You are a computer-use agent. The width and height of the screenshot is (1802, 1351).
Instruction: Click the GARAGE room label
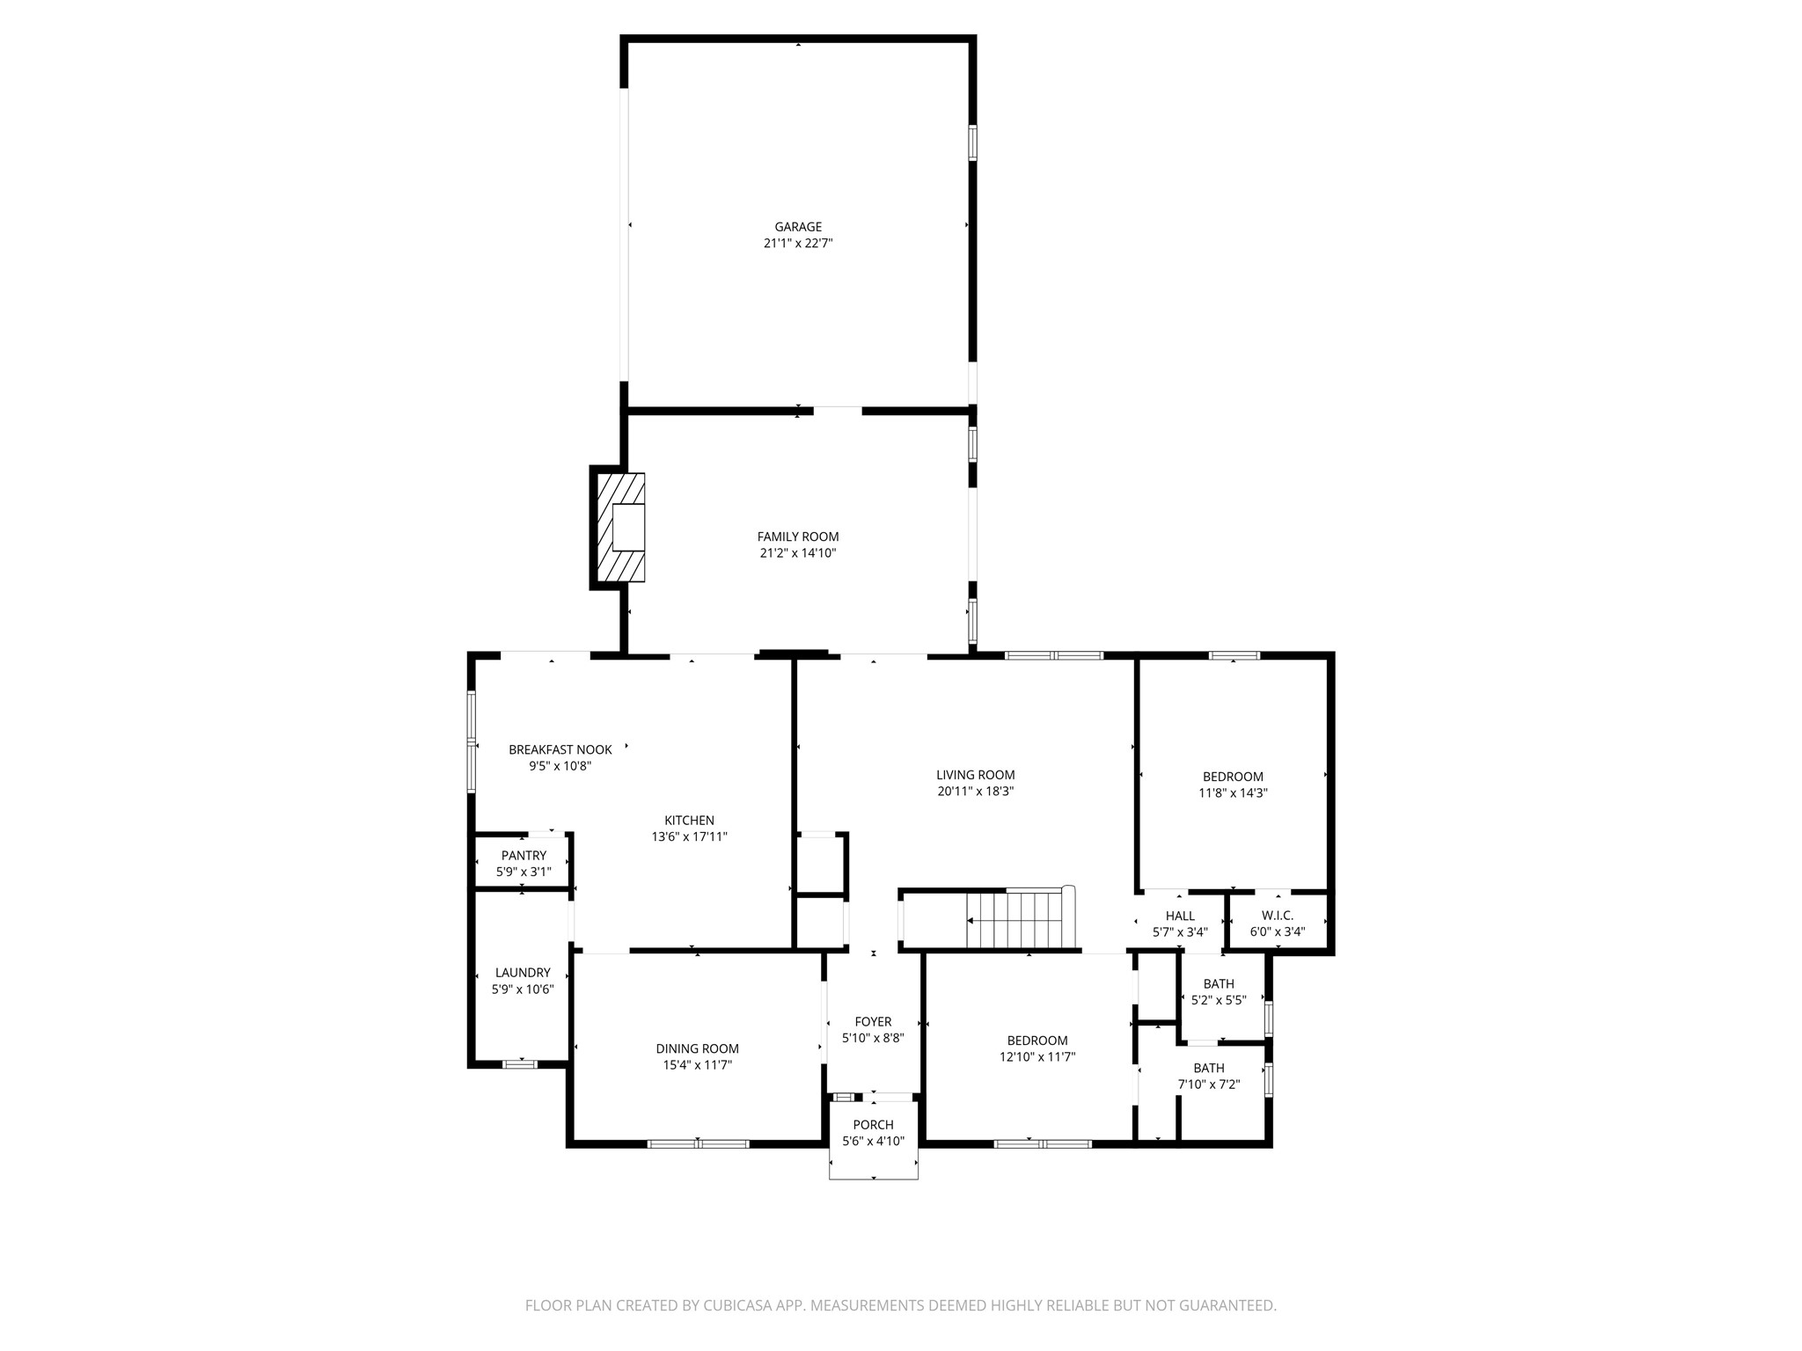tap(798, 227)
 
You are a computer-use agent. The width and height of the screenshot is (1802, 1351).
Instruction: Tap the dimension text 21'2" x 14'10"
tap(798, 553)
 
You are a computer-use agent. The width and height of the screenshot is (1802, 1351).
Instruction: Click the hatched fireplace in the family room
tap(621, 527)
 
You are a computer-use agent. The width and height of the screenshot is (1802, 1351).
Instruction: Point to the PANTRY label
tap(524, 856)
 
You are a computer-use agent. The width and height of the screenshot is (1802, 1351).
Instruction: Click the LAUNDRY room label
tap(523, 973)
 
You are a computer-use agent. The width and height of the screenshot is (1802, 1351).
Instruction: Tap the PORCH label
tap(873, 1125)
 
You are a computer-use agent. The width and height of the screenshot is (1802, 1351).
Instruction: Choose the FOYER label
tap(873, 1022)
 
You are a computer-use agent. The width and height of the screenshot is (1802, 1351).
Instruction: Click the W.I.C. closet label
tap(1277, 916)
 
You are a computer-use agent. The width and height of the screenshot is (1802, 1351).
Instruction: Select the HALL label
tap(1180, 916)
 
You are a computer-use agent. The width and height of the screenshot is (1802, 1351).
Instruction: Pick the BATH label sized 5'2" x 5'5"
tap(1219, 984)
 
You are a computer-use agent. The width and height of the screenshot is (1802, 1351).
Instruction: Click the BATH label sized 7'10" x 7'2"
tap(1209, 1069)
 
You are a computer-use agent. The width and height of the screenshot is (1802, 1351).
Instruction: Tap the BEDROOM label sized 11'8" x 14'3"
tap(1233, 777)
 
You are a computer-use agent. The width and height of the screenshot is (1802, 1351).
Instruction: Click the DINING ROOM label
tap(697, 1048)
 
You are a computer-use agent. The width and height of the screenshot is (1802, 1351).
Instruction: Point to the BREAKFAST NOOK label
tap(560, 750)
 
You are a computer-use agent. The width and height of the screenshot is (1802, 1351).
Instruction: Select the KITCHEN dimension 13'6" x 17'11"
tap(689, 837)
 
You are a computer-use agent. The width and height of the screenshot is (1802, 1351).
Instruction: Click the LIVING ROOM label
tap(975, 775)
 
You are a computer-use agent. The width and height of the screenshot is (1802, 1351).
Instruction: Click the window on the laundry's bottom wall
tap(519, 1064)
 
